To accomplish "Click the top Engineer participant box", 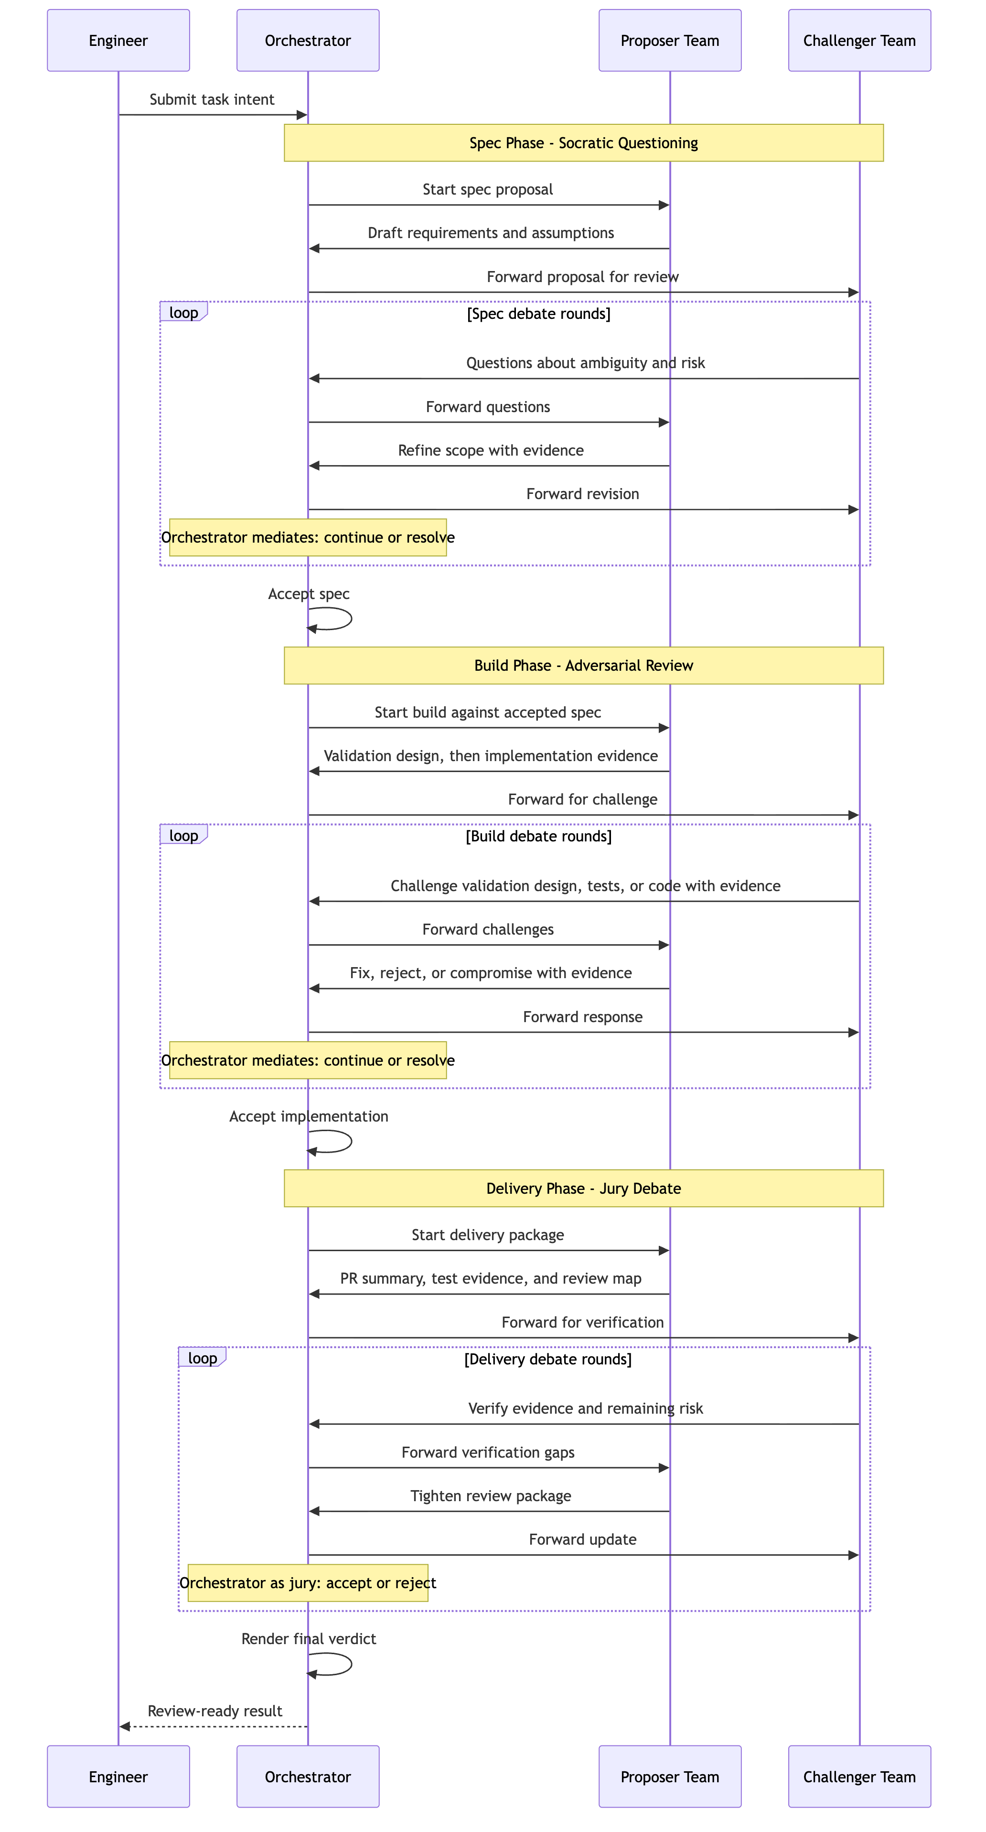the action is point(118,41).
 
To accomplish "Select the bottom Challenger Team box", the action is point(859,1777).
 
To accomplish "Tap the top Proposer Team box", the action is point(670,41).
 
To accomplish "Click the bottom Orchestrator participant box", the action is point(308,1777).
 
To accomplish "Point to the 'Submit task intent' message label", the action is point(212,99).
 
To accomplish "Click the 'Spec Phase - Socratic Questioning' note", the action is point(584,143).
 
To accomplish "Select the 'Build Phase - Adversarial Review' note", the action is point(584,665).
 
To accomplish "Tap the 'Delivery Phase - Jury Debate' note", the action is point(584,1189).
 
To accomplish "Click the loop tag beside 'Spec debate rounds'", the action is point(183,312).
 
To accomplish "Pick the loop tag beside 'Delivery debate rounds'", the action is point(202,1358).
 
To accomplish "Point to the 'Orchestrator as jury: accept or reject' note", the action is point(308,1583).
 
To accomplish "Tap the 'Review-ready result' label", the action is point(214,1711).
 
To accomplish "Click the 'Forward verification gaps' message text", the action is point(488,1452).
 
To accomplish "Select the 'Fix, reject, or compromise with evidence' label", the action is point(491,973).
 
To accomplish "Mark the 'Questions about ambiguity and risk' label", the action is point(586,363).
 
